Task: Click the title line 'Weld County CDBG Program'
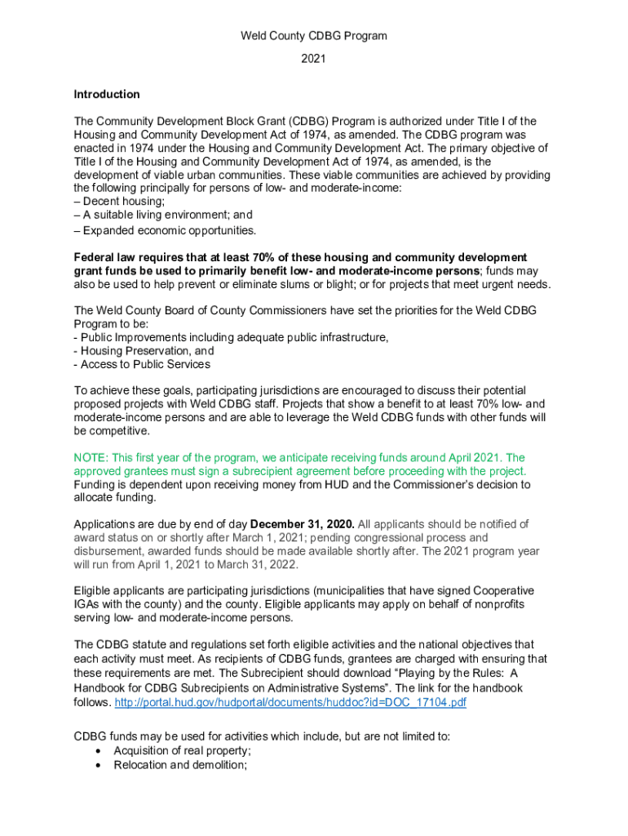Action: click(313, 36)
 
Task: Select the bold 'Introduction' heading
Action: click(107, 95)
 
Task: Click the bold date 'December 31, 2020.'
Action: click(303, 524)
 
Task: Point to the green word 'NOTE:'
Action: click(91, 458)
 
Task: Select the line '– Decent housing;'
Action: click(119, 202)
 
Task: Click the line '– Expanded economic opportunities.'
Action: click(165, 230)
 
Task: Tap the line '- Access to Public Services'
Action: click(142, 365)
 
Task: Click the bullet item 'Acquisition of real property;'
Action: click(182, 750)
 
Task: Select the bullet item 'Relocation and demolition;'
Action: click(180, 765)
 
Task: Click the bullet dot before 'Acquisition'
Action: click(99, 751)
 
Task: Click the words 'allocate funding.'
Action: click(115, 498)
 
